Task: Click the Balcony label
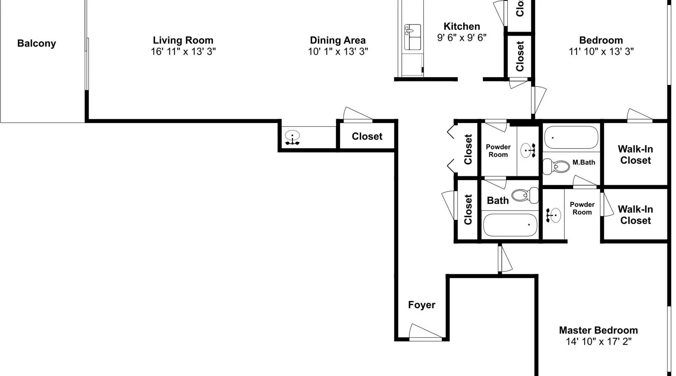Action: [36, 44]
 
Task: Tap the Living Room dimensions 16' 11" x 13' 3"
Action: [183, 52]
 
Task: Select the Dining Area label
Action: [338, 40]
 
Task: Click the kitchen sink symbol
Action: [412, 37]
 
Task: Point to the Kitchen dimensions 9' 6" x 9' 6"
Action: [462, 38]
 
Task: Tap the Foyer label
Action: [422, 305]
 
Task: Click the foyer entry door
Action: [426, 332]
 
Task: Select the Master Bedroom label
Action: [598, 330]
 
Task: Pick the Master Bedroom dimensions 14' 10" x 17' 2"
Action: [599, 341]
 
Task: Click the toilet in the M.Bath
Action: [557, 166]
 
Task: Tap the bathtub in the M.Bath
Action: [571, 138]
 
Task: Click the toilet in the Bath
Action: [525, 195]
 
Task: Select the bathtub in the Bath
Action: [510, 225]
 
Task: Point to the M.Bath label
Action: [584, 162]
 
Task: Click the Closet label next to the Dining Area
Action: [367, 136]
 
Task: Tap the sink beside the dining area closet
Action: [292, 137]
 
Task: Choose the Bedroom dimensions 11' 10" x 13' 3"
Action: [601, 52]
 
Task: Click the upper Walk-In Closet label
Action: [635, 155]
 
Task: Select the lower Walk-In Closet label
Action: [635, 215]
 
